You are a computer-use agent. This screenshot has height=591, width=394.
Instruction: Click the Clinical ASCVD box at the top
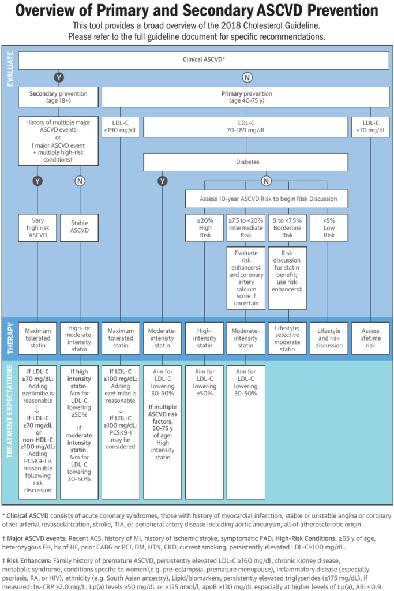coord(204,60)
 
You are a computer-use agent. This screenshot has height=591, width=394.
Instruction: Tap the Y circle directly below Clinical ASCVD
coord(58,77)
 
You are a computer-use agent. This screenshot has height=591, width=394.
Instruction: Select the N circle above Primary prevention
coord(247,77)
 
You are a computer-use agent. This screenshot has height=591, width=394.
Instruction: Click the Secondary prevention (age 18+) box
coord(58,97)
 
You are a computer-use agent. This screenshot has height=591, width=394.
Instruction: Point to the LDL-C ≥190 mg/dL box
coord(121,127)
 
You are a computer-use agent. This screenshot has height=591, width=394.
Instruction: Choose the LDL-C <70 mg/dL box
coord(371,127)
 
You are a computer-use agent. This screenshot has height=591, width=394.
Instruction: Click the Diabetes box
coord(246,162)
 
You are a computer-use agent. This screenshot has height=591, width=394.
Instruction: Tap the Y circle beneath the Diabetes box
coord(162,181)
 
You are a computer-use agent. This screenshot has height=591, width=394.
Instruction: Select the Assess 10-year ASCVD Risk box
coord(267,199)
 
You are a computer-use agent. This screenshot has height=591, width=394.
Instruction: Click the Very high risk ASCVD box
coord(37,228)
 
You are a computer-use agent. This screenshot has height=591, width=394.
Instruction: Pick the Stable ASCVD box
coord(80,228)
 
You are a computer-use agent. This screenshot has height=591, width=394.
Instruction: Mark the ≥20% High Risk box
coord(205,228)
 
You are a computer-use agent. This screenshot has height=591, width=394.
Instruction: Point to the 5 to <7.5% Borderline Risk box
coord(287,228)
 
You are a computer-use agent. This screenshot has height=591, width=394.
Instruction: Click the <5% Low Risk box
coord(329,228)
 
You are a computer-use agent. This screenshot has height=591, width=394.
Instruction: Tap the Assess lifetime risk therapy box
coord(371,338)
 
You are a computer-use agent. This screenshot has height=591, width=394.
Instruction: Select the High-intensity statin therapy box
coord(205,338)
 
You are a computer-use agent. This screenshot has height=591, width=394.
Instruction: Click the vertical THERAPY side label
coord(10,338)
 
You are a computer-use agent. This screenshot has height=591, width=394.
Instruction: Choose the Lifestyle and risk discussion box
coord(329,338)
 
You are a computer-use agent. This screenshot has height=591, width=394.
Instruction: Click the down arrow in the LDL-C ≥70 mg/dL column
coord(37,409)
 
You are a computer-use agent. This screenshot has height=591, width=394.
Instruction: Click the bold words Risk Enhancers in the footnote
coord(29,561)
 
